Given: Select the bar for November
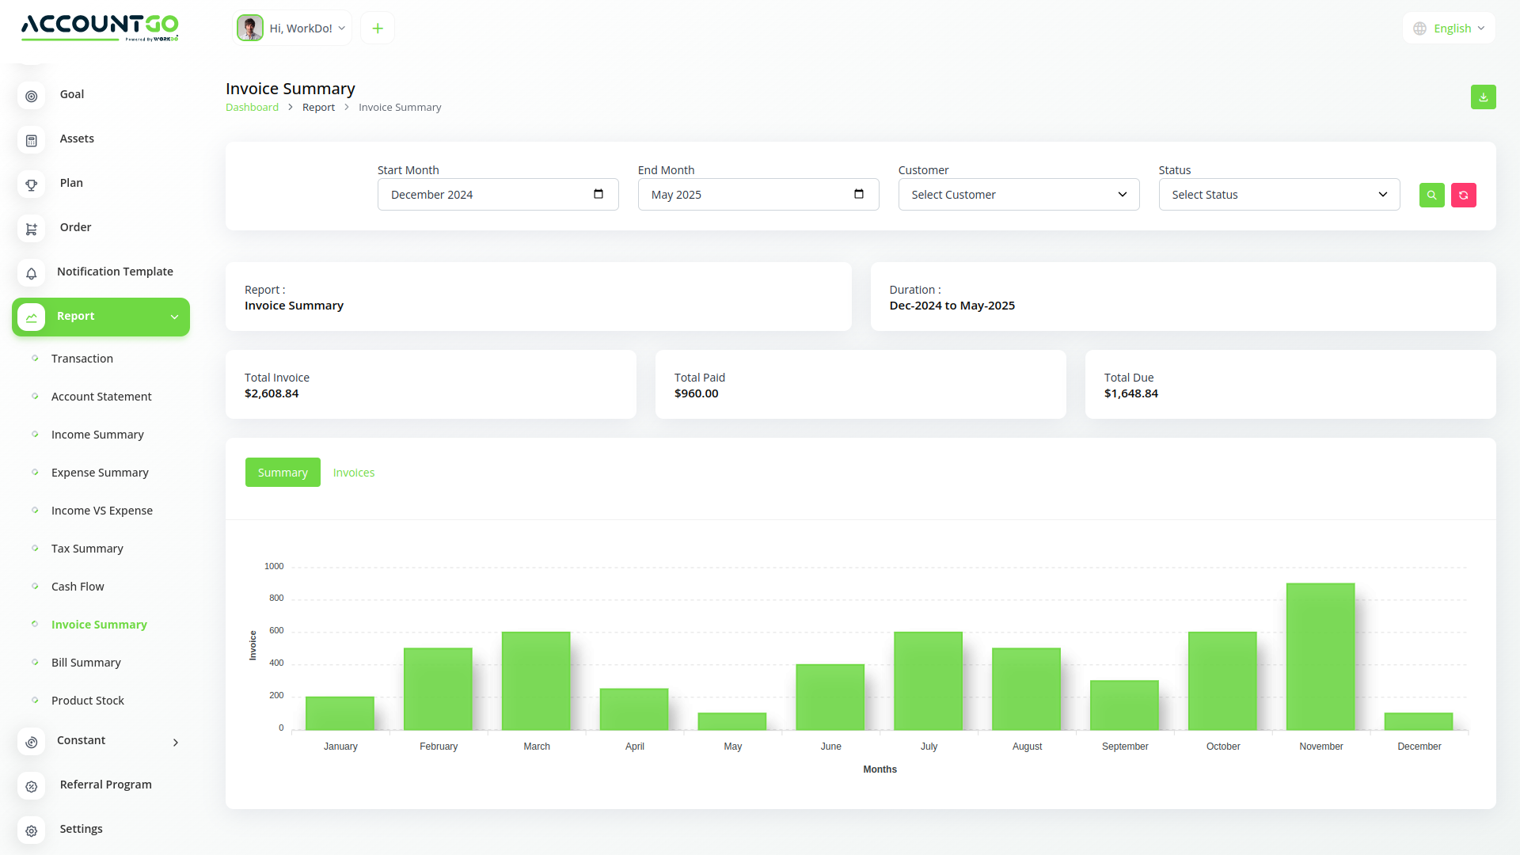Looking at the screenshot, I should tap(1320, 656).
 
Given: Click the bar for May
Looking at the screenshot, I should tap(732, 721).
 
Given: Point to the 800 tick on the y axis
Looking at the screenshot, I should tap(276, 598).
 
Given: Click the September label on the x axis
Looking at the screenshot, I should tap(1125, 747).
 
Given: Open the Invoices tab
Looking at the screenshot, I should tap(354, 473).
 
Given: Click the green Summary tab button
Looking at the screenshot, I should tap(283, 473).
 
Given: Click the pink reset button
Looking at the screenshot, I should tap(1464, 195).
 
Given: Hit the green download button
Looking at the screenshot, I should tap(1484, 97).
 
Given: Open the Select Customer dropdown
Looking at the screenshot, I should tap(1019, 195).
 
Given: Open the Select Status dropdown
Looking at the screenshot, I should tap(1279, 195).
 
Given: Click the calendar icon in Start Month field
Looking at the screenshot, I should tap(598, 194).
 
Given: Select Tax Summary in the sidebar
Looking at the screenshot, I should tap(87, 549).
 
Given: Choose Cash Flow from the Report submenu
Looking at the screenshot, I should tap(78, 587).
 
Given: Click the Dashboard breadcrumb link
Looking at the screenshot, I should tap(252, 108).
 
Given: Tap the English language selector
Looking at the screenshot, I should tap(1450, 28).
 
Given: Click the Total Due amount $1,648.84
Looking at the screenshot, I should tap(1131, 393).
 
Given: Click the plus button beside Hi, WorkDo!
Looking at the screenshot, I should tap(378, 28).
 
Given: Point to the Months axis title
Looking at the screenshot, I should tap(880, 769).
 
